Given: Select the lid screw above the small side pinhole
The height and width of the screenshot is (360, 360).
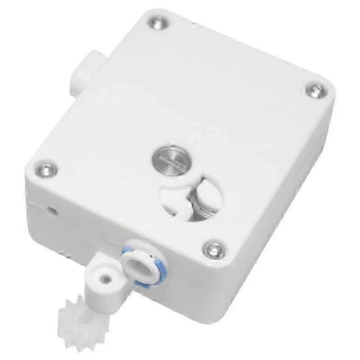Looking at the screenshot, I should pyautogui.click(x=45, y=169).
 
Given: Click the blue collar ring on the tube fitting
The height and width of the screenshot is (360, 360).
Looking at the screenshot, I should pyautogui.click(x=127, y=251).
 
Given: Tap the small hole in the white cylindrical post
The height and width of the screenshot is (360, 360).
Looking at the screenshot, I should pyautogui.click(x=105, y=278).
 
